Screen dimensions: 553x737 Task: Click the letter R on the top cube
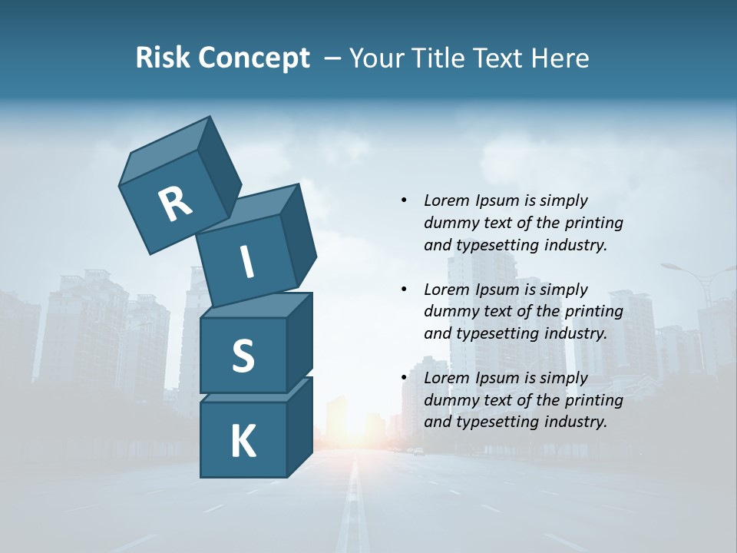point(175,204)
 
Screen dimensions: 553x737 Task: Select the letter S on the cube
point(243,356)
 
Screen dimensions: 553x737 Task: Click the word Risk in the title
point(164,58)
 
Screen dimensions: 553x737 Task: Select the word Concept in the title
point(256,58)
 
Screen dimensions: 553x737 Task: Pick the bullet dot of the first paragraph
point(404,200)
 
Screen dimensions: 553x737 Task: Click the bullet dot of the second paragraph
point(404,290)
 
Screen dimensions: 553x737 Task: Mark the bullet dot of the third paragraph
point(404,378)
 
